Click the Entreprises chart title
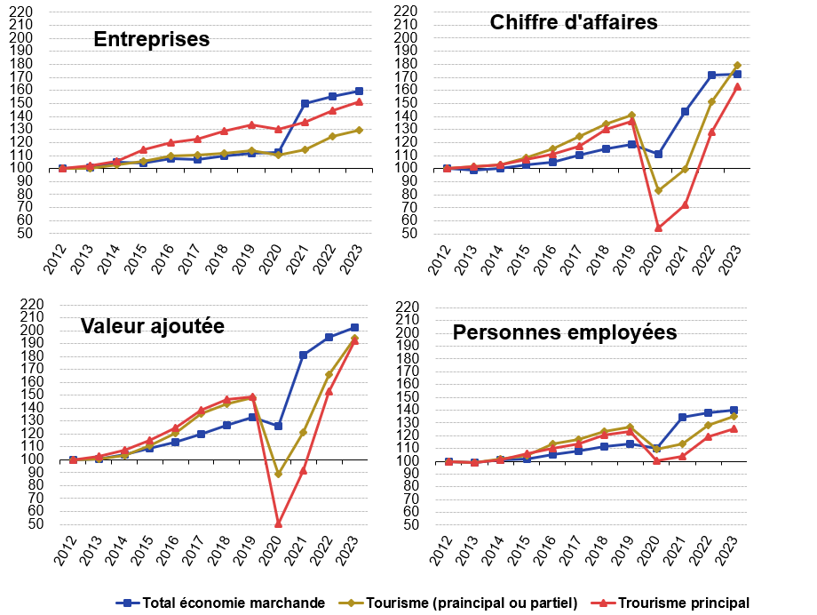(152, 40)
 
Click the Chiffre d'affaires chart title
(574, 22)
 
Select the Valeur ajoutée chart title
(152, 326)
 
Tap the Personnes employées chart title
(565, 333)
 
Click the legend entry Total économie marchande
(221, 603)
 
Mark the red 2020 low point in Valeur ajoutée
(278, 523)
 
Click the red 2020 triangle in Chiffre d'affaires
(659, 228)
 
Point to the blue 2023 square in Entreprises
(359, 91)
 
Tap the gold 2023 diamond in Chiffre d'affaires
(737, 65)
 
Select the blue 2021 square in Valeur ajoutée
(304, 355)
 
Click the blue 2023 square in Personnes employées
(734, 410)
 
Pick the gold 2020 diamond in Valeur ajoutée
(278, 474)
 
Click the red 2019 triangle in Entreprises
(251, 124)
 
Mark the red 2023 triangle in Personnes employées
(734, 428)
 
